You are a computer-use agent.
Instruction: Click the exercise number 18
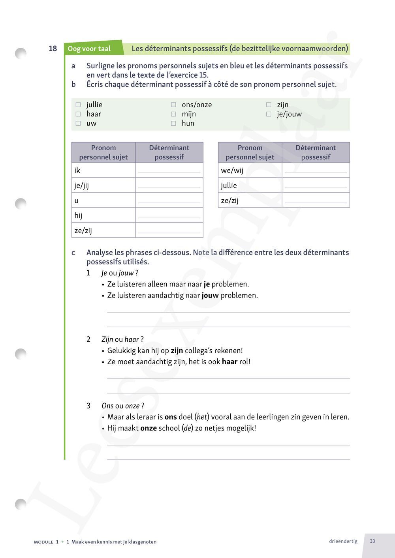coord(53,49)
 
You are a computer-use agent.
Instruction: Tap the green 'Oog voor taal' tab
coord(89,49)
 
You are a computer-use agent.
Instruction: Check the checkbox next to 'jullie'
coord(78,105)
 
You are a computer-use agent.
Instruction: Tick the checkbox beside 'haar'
coord(78,114)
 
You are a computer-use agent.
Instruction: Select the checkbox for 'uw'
coord(78,124)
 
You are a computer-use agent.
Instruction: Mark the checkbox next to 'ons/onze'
coord(173,105)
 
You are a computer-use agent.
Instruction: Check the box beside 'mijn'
coord(173,114)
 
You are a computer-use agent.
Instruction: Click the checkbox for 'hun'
coord(173,124)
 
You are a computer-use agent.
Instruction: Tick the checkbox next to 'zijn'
coord(269,105)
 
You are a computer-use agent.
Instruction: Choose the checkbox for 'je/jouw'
coord(269,114)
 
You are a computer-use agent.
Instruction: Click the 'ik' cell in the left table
coord(77,170)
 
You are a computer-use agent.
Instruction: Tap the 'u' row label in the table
coord(77,200)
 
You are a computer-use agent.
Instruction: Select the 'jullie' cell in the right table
coord(229,185)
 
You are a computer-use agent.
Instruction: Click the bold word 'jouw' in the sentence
coord(210,295)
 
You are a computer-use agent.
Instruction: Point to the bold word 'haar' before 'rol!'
coord(229,361)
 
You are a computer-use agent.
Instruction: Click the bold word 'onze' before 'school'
coord(149,428)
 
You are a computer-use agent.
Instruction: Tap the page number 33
coord(372,541)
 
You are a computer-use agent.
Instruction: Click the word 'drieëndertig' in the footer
coord(343,541)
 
